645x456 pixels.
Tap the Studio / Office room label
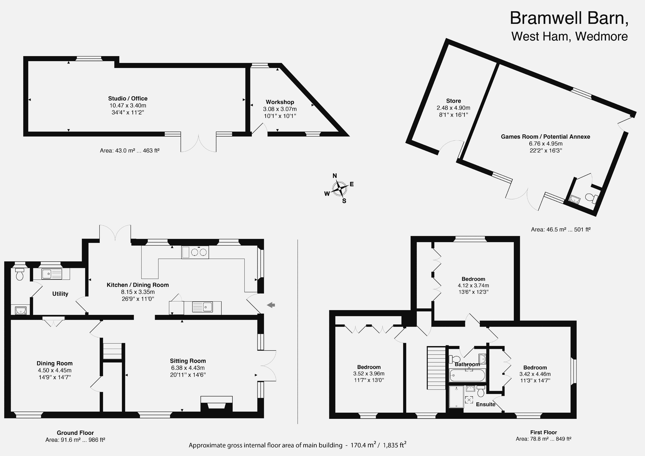click(x=128, y=98)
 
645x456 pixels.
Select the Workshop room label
click(x=280, y=102)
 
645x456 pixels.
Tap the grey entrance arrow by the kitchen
click(x=271, y=305)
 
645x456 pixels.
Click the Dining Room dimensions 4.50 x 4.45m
click(x=54, y=370)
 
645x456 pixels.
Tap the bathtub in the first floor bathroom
click(x=467, y=375)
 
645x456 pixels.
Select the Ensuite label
click(x=485, y=404)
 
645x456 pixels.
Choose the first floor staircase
click(x=436, y=368)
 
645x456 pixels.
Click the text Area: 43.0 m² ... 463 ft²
click(x=130, y=151)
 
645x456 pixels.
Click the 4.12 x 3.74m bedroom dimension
click(x=473, y=285)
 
